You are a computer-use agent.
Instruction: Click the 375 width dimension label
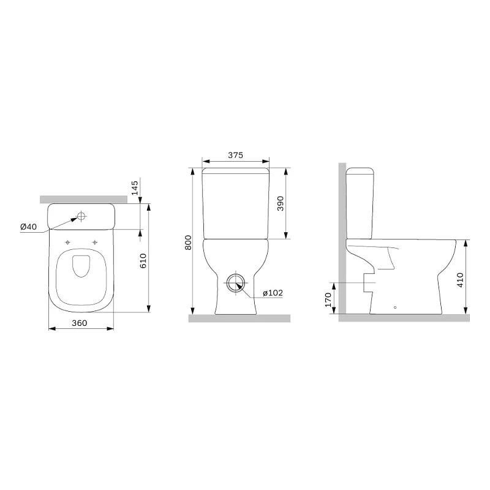tap(236, 156)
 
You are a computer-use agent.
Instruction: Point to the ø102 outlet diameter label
tap(273, 293)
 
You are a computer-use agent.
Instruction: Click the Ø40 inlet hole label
tap(29, 227)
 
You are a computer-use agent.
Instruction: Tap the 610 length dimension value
tap(143, 262)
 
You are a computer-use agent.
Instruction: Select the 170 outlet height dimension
tap(328, 299)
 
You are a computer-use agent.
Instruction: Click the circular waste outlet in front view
tap(235, 284)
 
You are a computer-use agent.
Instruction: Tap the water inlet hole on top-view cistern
tap(81, 216)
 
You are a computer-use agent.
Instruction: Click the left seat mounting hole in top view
tap(67, 241)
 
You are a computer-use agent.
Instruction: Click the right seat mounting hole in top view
tap(95, 241)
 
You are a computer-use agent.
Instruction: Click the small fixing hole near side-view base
tap(395, 307)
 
